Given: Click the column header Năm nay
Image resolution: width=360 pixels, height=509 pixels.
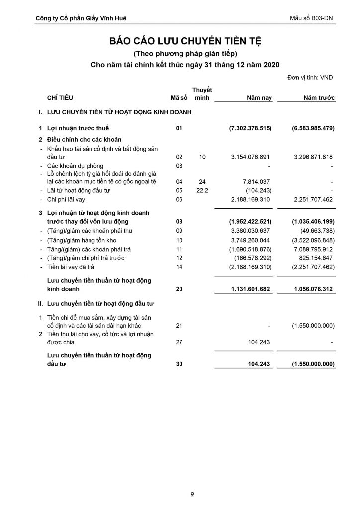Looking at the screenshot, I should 260,98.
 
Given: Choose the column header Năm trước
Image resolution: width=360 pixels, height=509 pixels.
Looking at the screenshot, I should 319,98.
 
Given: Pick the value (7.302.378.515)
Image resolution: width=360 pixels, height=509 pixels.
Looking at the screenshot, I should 250,128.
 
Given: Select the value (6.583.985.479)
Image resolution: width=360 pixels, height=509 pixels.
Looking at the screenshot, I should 313,128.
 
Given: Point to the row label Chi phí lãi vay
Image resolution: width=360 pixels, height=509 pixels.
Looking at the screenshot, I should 68,199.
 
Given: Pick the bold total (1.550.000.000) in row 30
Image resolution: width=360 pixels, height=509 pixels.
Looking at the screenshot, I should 313,364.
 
